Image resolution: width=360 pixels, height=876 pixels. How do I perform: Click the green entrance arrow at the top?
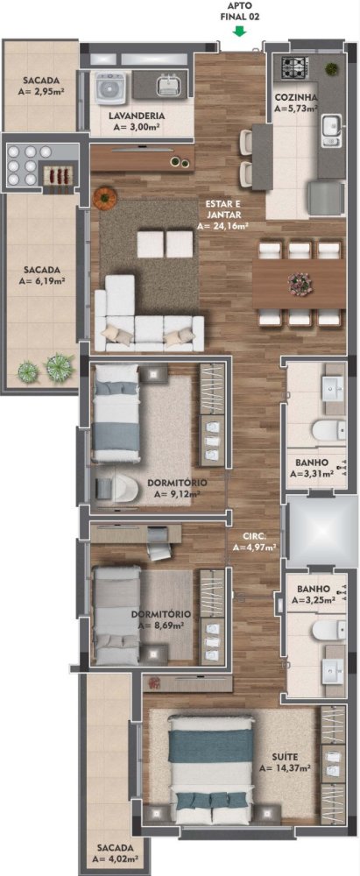[240, 31]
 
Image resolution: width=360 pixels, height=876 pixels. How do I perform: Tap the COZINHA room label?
[296, 97]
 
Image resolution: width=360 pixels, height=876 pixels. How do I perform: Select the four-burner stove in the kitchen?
[295, 67]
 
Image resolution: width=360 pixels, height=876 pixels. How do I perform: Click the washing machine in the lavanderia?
[111, 87]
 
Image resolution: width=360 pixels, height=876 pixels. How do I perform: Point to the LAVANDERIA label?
[137, 116]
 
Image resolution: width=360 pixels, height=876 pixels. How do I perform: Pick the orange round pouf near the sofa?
[104, 198]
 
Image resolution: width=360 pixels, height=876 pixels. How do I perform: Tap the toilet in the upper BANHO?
[328, 431]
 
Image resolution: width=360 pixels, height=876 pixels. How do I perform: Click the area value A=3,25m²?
[313, 600]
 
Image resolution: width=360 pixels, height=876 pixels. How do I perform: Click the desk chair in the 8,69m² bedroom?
[160, 548]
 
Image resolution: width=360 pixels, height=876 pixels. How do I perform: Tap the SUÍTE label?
[285, 757]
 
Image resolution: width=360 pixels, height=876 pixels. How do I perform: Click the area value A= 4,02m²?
[116, 858]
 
